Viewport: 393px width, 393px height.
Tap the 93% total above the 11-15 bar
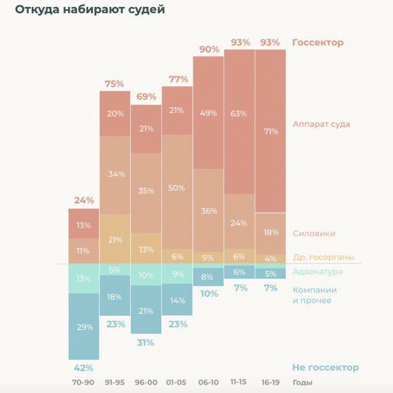(240, 42)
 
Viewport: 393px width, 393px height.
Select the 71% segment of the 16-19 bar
(271, 131)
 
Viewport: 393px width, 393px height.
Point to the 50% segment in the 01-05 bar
(177, 188)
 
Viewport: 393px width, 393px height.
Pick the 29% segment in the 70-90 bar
(84, 327)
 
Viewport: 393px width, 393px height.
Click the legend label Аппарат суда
(321, 124)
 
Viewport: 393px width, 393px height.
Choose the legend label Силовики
(313, 233)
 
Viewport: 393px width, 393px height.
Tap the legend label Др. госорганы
(323, 257)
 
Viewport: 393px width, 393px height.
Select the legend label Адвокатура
(318, 271)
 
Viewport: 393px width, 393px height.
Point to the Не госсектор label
(325, 368)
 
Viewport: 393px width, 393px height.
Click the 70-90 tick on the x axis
(84, 383)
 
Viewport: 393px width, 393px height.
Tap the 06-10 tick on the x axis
(208, 383)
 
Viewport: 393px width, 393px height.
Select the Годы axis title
(303, 383)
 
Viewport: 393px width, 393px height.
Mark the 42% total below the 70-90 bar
(84, 368)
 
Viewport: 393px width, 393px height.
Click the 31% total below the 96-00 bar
(146, 342)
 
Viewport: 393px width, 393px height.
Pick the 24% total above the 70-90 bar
(84, 201)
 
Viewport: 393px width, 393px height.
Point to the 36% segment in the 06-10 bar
(208, 211)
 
